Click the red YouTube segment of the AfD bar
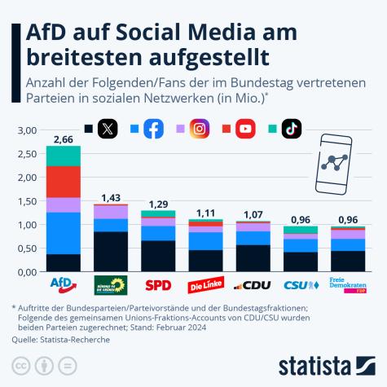[x=63, y=181]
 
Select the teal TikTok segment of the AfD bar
[x=63, y=156]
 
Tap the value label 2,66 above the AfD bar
[x=63, y=139]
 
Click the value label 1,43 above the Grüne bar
[x=110, y=197]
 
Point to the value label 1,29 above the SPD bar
[x=157, y=204]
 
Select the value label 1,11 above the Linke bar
[x=204, y=212]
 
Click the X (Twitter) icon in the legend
[x=108, y=129]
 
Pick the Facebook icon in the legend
[x=153, y=129]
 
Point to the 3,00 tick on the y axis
[x=27, y=130]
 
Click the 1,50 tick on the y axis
[x=27, y=201]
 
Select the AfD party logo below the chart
[x=63, y=284]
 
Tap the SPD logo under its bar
[x=157, y=285]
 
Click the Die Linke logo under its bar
[x=204, y=286]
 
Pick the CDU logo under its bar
[x=251, y=285]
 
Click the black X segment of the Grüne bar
[x=110, y=251]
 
